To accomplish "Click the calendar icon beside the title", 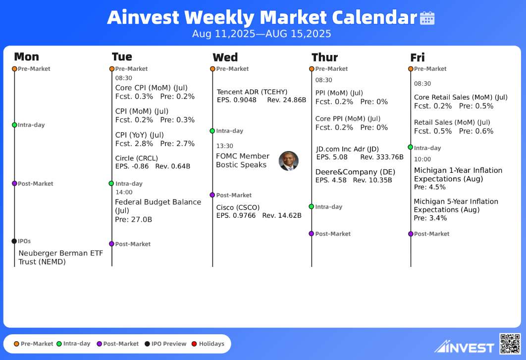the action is (x=427, y=18).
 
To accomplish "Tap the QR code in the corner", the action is (x=510, y=344).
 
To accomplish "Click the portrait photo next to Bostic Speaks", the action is (x=288, y=161).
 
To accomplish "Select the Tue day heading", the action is (x=122, y=57).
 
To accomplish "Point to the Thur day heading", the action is (x=324, y=57).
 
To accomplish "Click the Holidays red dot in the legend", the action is (x=194, y=344).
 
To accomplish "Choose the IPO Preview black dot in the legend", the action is (x=147, y=344).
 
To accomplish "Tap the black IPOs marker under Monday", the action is (x=14, y=241).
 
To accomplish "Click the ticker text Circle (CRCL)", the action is (x=137, y=158).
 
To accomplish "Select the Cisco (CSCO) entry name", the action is (x=238, y=207).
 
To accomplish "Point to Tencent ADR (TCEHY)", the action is (x=252, y=92).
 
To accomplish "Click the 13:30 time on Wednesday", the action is (x=224, y=146).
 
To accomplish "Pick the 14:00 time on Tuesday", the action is (x=124, y=192).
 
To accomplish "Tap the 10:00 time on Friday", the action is (x=422, y=159).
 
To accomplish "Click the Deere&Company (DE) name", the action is (x=355, y=172).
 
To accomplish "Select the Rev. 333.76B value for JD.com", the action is (x=382, y=157).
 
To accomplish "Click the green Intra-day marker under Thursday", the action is (x=312, y=206).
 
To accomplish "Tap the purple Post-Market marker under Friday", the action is (x=411, y=234).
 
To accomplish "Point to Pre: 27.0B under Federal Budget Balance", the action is (x=134, y=219).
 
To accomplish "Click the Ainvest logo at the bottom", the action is (x=464, y=347).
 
